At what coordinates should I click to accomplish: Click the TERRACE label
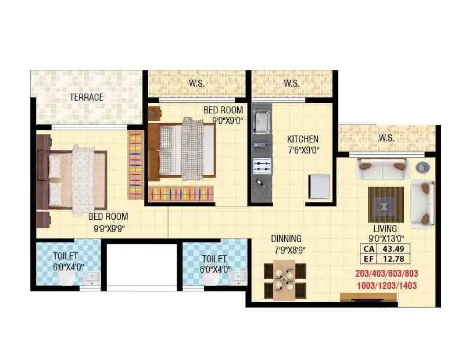pyautogui.click(x=87, y=97)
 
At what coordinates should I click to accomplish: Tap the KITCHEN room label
pyautogui.click(x=303, y=139)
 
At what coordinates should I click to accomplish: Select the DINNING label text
pyautogui.click(x=287, y=238)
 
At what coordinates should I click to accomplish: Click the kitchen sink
pyautogui.click(x=262, y=122)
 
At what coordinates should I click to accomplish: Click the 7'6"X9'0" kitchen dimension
pyautogui.click(x=303, y=150)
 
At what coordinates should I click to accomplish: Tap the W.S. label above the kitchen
pyautogui.click(x=292, y=83)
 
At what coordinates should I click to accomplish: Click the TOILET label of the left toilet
pyautogui.click(x=65, y=256)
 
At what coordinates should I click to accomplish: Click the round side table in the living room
pyautogui.click(x=422, y=167)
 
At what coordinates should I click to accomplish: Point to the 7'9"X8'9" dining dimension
pyautogui.click(x=289, y=250)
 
